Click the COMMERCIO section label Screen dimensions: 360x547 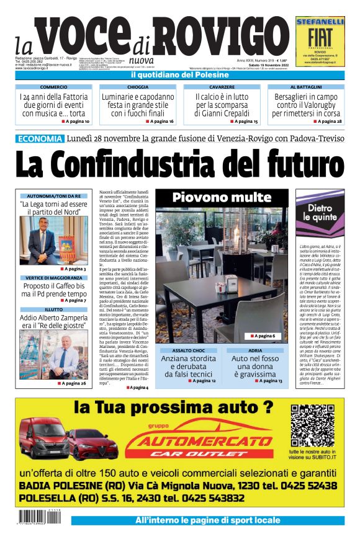tap(53, 87)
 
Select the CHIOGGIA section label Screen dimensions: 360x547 tap(138, 87)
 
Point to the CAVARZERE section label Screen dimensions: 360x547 tap(222, 87)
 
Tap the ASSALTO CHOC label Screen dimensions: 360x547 tap(188, 350)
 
